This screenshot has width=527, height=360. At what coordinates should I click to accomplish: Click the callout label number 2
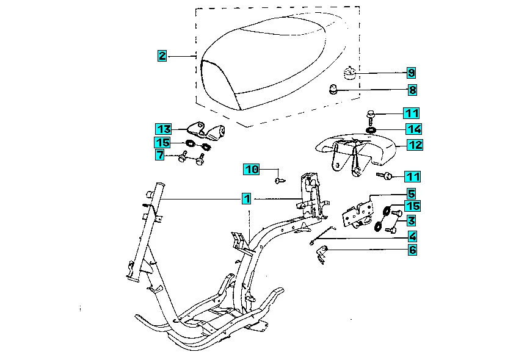point(161,56)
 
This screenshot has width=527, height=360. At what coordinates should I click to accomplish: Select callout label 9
point(412,73)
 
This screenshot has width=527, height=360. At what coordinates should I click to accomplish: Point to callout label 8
point(412,90)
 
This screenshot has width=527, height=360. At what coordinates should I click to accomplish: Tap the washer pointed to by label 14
point(371,129)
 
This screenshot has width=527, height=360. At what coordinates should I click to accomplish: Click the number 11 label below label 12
point(413,176)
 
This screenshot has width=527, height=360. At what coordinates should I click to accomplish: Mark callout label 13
point(162,129)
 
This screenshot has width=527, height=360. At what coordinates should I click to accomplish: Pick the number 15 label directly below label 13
point(162,143)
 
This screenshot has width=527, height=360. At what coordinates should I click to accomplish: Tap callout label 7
point(159,156)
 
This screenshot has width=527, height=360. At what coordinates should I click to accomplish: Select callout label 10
point(252,168)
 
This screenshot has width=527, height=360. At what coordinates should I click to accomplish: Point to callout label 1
point(245,198)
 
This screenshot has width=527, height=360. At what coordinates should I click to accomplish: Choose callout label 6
point(412,250)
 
